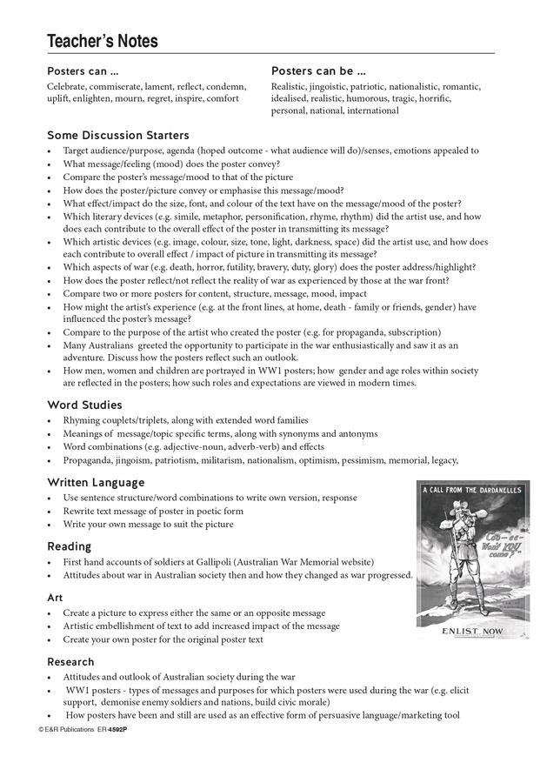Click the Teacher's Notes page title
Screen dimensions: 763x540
click(x=103, y=40)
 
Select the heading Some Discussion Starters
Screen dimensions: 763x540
click(x=117, y=135)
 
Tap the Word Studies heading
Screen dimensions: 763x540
click(x=84, y=405)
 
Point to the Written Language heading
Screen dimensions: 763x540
click(x=96, y=482)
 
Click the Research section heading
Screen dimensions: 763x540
click(x=70, y=661)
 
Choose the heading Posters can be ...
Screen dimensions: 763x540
click(x=318, y=70)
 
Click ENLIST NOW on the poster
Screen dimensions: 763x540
click(x=472, y=630)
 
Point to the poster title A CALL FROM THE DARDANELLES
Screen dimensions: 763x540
click(x=472, y=491)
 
